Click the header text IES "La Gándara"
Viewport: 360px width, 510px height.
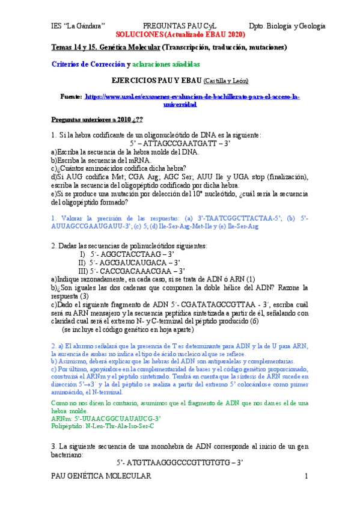tap(78, 26)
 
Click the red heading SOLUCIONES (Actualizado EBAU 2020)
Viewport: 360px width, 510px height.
tap(180, 35)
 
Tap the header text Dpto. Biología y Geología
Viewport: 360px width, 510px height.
tap(286, 26)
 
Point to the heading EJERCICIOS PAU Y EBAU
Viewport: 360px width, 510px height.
tap(157, 80)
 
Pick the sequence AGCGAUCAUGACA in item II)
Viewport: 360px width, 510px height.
tap(135, 263)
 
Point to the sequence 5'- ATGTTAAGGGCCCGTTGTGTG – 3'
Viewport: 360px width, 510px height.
tap(180, 462)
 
